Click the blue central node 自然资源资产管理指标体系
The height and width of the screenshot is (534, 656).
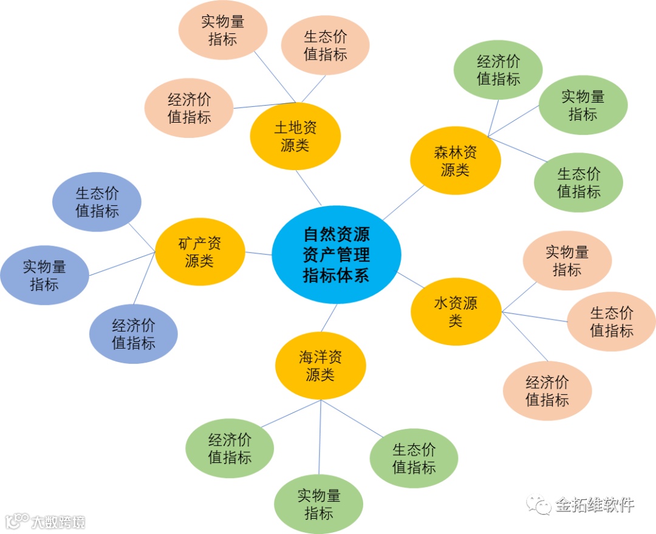[336, 255]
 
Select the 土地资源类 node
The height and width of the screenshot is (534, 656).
[295, 137]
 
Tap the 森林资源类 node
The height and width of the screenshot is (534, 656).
[455, 161]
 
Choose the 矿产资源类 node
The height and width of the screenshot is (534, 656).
[200, 252]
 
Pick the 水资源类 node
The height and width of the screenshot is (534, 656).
[456, 312]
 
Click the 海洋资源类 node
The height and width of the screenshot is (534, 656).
[320, 366]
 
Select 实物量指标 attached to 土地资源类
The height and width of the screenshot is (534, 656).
[222, 30]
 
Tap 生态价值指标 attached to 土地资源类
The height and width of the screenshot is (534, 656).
[325, 46]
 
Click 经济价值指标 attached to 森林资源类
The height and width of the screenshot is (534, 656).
[498, 70]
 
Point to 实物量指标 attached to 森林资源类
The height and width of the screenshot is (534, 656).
[583, 105]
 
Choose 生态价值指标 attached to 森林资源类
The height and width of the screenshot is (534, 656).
[578, 182]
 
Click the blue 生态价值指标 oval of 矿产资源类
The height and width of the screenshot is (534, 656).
[97, 202]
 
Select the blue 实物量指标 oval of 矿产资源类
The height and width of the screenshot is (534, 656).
[44, 275]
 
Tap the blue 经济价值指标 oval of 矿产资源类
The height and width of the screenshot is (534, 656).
[133, 334]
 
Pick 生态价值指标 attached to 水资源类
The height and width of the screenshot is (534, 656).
[611, 321]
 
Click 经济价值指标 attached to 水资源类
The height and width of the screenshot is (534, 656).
[547, 391]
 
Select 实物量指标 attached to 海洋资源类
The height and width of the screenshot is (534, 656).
[318, 504]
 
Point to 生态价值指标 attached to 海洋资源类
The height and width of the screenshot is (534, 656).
[414, 458]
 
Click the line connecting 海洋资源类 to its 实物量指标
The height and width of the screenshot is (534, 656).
[320, 437]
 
